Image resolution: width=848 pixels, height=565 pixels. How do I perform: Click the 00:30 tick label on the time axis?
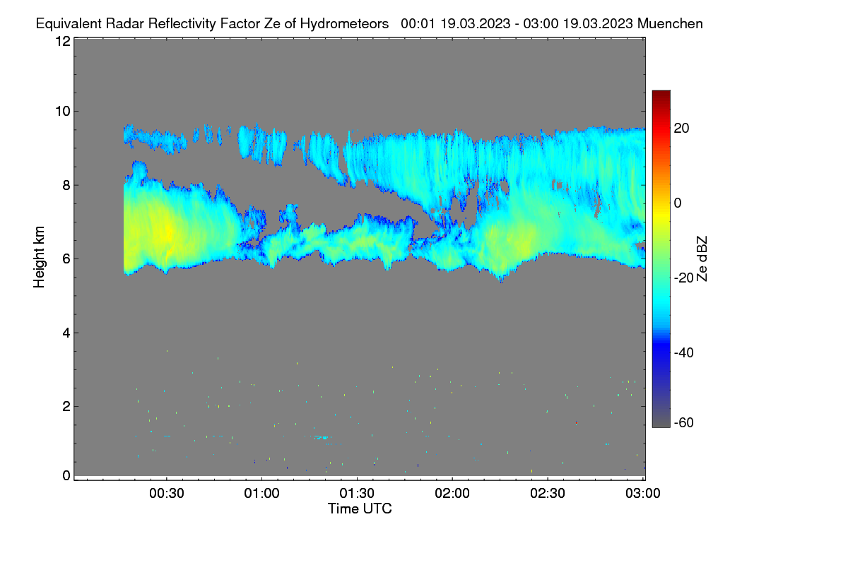tap(167, 493)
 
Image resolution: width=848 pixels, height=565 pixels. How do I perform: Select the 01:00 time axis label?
tap(262, 493)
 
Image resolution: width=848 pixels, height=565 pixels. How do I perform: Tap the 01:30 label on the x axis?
tap(357, 493)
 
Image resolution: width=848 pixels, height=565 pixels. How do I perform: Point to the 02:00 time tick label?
tap(452, 493)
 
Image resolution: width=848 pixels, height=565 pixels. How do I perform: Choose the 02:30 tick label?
tap(548, 493)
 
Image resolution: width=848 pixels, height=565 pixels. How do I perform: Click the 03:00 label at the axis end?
tap(643, 493)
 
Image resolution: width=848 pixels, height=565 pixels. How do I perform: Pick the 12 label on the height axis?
tap(63, 41)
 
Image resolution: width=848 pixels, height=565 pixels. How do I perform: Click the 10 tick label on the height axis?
tap(63, 112)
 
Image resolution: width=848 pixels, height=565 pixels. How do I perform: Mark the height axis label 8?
tap(66, 185)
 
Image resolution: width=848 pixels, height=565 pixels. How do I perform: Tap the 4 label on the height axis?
tap(66, 333)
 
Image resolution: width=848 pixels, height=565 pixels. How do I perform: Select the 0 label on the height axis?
tap(66, 476)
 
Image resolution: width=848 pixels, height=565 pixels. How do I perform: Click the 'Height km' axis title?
tap(39, 257)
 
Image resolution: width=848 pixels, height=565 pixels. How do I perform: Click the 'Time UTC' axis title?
tap(360, 509)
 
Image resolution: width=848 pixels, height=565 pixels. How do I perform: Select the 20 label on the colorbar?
tap(681, 129)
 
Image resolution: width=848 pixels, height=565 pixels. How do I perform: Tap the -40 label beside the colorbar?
tap(684, 352)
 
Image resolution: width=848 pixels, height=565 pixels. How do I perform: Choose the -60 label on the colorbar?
tap(684, 423)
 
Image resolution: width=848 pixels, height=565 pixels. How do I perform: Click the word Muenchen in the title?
tap(670, 23)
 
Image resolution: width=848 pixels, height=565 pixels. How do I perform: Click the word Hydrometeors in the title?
tap(344, 24)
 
